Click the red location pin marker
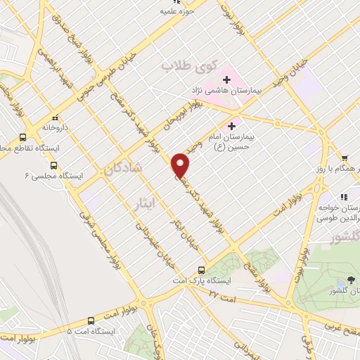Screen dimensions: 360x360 coord(181,165)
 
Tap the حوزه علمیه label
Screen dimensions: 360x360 coord(176,11)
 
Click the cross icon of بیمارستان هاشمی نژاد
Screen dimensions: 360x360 coord(227,79)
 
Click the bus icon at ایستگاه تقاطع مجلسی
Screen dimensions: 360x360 coord(23,138)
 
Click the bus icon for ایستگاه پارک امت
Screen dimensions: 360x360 coord(202,269)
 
